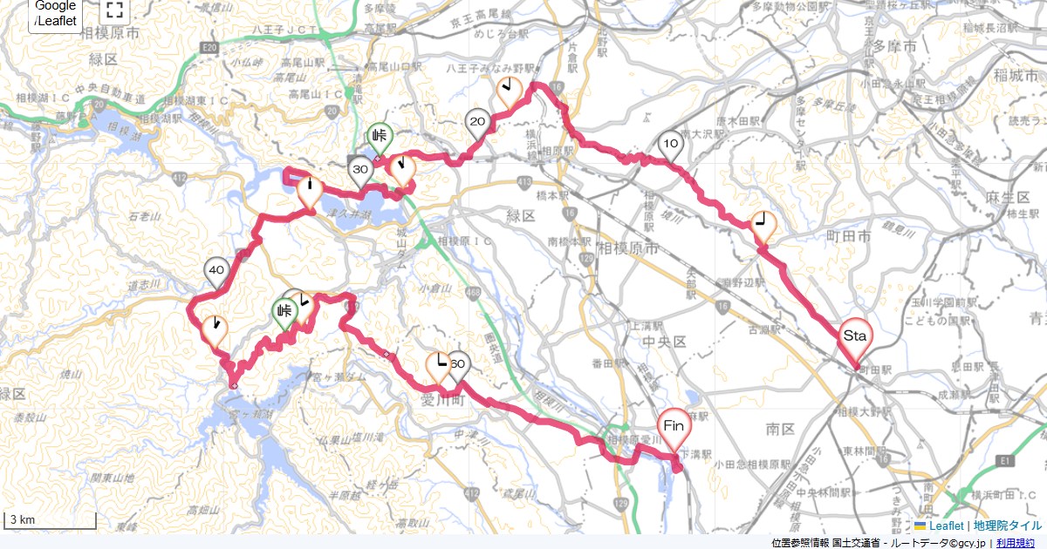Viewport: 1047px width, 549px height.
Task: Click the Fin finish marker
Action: point(674,428)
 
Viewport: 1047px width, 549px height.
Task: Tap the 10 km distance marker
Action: point(670,145)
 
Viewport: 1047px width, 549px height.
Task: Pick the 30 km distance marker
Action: point(360,170)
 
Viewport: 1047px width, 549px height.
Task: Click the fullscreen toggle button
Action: point(113,10)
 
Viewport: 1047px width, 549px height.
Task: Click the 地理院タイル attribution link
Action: point(1008,525)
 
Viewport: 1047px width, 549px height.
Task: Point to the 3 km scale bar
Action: point(51,520)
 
